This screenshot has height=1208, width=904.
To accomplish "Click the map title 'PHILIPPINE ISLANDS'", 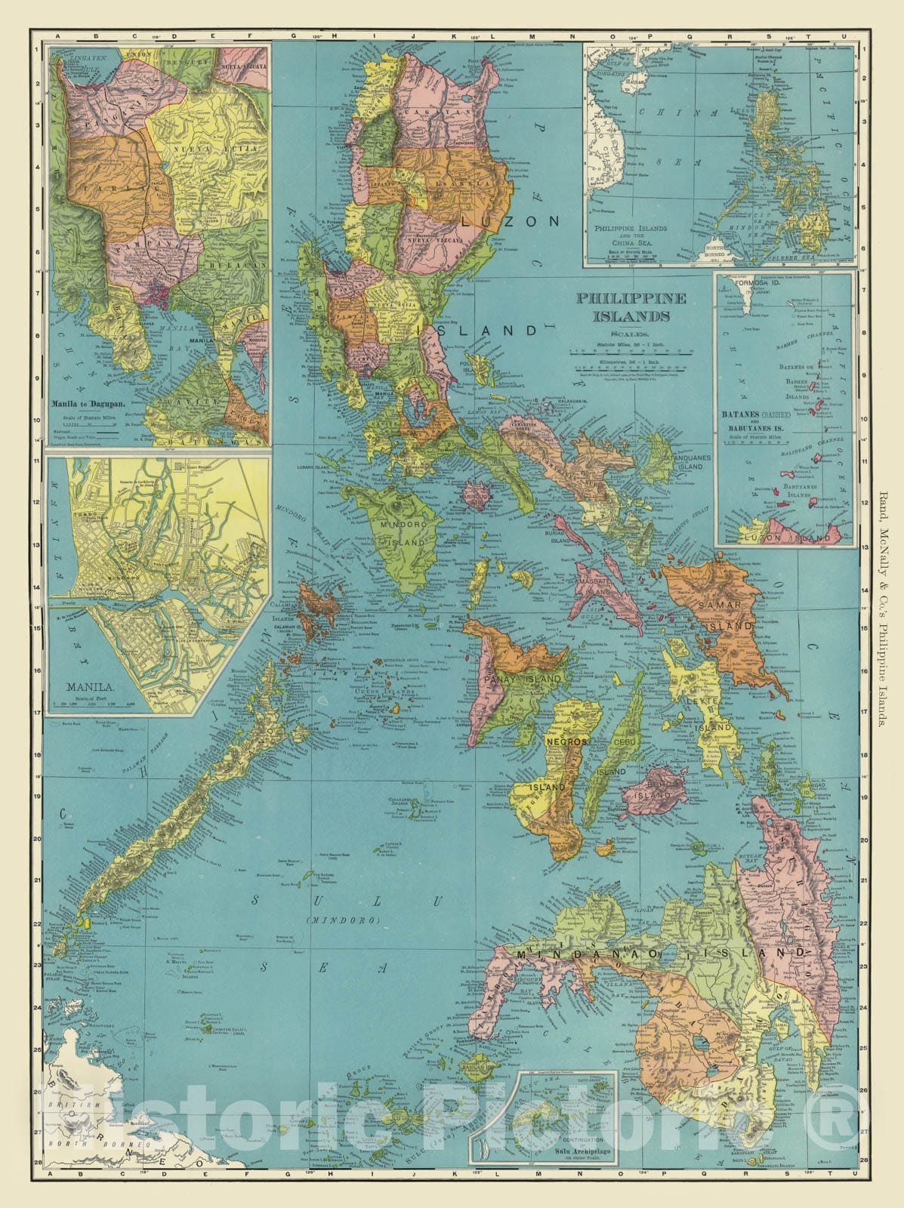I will (631, 307).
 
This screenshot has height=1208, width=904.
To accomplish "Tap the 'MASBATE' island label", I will (594, 586).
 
